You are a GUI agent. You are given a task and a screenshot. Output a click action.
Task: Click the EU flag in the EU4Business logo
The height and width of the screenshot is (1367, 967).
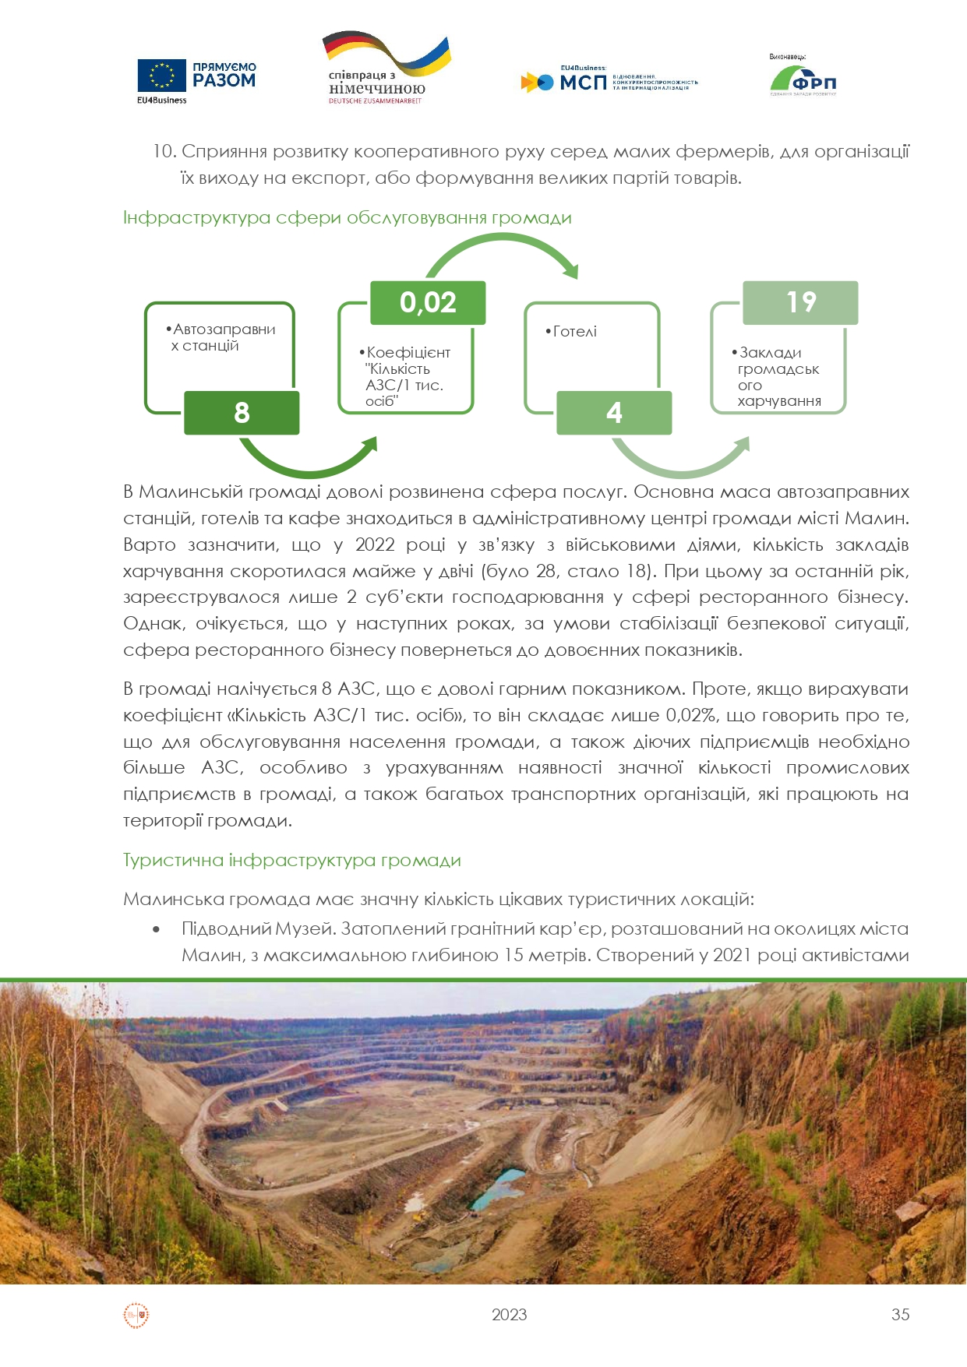pos(161,76)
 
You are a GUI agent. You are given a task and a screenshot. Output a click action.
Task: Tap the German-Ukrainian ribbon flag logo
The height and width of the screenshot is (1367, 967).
pos(386,55)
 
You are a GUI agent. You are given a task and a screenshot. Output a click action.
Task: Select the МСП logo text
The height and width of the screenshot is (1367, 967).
pos(583,82)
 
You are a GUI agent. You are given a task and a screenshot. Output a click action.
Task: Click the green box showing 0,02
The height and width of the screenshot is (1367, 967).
pos(428,302)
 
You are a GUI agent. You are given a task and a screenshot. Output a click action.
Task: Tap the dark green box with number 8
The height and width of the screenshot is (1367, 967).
pos(242,412)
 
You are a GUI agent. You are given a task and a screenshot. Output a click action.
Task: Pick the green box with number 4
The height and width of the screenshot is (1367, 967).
pos(614,412)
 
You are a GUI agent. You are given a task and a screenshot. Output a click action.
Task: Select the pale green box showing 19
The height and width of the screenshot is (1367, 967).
pos(800,302)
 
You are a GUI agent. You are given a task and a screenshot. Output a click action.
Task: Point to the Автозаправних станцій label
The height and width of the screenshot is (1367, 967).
pos(223,337)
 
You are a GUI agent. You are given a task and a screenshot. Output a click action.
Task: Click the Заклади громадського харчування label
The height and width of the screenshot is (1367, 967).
pos(778,377)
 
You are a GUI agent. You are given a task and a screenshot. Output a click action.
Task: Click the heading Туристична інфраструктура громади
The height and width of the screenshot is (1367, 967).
pos(292,861)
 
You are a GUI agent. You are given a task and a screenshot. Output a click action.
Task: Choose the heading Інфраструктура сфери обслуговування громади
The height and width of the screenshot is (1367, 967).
pos(348,218)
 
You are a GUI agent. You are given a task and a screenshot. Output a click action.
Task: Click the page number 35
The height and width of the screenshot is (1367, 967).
pos(900,1314)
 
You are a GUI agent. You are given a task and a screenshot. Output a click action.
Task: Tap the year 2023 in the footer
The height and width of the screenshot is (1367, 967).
pos(510,1314)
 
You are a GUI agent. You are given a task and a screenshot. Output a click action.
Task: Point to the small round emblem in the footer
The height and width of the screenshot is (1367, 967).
pos(136,1315)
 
